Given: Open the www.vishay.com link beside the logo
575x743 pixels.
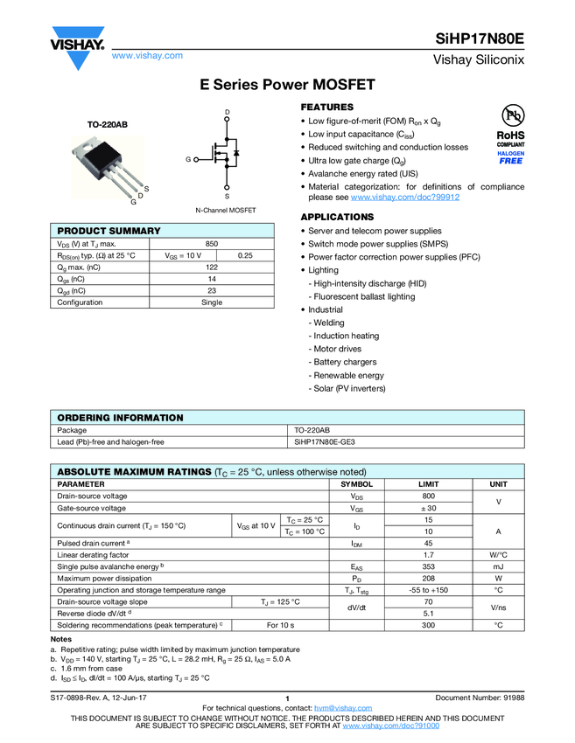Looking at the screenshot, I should (x=147, y=55).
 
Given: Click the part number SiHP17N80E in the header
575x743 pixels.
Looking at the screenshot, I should (x=480, y=39).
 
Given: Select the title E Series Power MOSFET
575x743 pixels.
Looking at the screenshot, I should (x=287, y=85).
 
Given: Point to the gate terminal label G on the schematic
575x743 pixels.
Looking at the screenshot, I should (x=187, y=159).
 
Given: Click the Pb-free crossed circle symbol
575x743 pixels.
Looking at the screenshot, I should (x=511, y=116).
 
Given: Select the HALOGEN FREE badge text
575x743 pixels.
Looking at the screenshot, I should (x=511, y=157).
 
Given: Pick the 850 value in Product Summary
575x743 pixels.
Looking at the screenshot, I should (x=212, y=244).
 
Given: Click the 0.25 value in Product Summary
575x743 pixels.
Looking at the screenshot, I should (x=245, y=255).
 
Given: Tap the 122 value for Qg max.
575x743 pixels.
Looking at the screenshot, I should (x=212, y=267).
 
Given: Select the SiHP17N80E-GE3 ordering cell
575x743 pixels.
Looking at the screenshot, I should (x=325, y=442).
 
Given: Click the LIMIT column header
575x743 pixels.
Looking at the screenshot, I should (x=428, y=483).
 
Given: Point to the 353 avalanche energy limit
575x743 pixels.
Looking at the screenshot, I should (x=428, y=566).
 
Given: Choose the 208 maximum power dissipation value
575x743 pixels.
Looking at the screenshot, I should (x=428, y=578).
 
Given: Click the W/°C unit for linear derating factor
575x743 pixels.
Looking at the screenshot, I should (x=498, y=554).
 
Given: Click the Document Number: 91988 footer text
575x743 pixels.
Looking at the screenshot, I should (x=480, y=698).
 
